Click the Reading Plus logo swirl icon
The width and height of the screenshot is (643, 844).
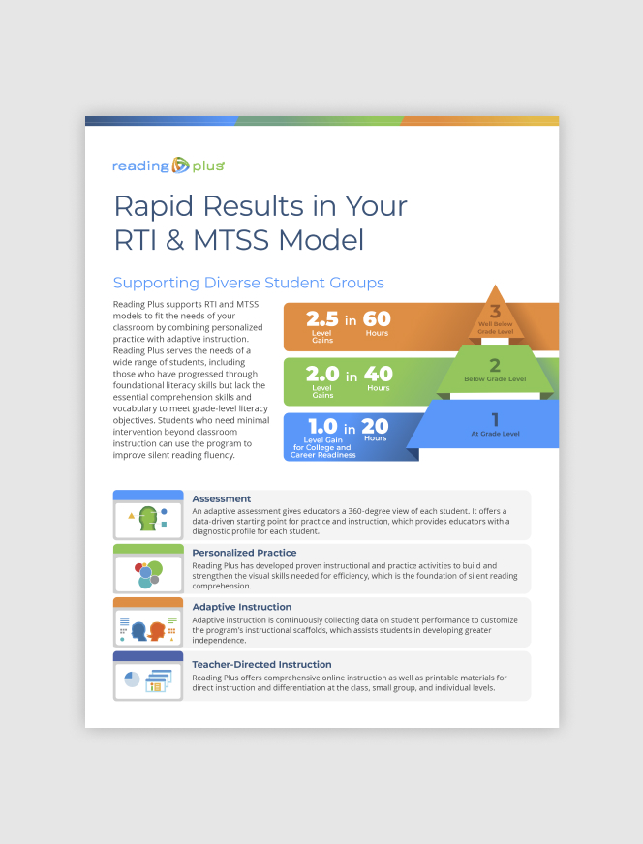coord(180,166)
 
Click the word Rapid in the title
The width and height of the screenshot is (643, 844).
coord(153,207)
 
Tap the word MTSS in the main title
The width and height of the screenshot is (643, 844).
coord(231,239)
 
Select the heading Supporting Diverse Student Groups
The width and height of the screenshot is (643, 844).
coord(248,283)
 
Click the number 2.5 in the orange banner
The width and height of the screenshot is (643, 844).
coord(322,319)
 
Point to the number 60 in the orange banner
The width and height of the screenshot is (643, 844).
coord(377,318)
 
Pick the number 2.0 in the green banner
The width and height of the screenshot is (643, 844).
coord(322,374)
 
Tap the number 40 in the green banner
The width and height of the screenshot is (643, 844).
coord(378,374)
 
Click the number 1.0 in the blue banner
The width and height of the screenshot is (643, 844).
coord(322,426)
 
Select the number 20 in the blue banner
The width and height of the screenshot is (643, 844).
coord(375,426)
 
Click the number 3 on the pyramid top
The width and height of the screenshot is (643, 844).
coord(495,311)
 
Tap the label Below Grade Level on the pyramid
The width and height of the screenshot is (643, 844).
coord(495,379)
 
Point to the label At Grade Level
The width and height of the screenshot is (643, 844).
coord(495,434)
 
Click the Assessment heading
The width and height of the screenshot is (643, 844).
coord(222,499)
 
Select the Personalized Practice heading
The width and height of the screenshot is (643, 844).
coord(244,553)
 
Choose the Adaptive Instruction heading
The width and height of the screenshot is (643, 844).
coord(242,607)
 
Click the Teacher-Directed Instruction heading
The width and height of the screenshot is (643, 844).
coord(261,665)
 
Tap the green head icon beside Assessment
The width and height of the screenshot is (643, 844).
coord(148,519)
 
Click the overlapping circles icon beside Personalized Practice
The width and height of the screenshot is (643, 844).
coord(148,574)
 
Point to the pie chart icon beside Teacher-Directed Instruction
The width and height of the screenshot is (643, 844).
coord(132,679)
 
